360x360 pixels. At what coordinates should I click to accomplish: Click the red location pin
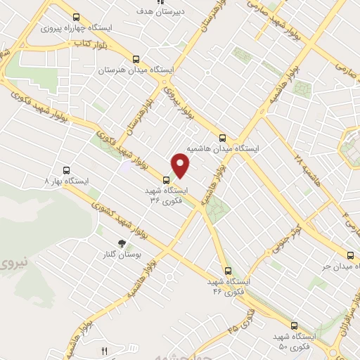coord(181,165)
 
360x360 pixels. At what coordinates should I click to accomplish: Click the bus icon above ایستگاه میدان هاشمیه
coord(222,138)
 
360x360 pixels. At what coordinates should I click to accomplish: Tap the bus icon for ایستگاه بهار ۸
coord(67,170)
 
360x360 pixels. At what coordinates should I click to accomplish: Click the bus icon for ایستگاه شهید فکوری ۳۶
coord(166,180)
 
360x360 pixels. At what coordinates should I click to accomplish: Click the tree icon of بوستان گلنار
coord(122,243)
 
